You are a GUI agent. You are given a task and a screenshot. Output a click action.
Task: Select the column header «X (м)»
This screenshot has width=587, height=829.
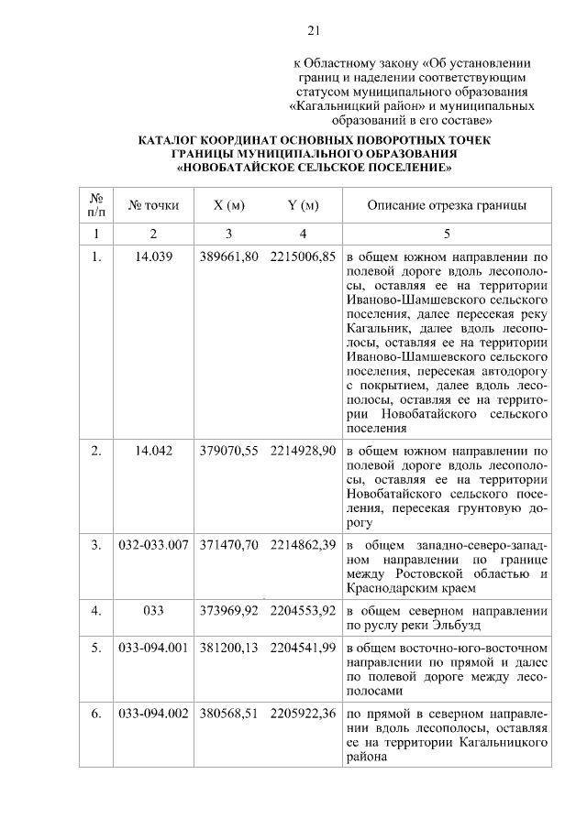click(x=228, y=205)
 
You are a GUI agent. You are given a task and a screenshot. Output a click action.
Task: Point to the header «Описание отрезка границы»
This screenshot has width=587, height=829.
click(x=447, y=205)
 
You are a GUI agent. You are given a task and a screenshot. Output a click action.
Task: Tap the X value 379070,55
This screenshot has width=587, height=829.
click(x=228, y=452)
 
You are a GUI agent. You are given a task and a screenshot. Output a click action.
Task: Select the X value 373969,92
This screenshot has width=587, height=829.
click(x=228, y=609)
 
